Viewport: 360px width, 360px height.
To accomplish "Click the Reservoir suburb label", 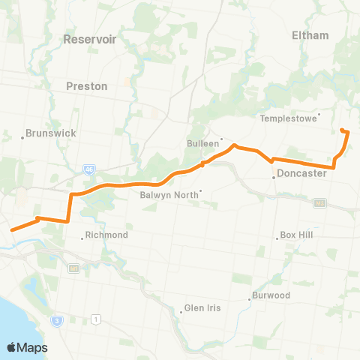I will coord(90,39).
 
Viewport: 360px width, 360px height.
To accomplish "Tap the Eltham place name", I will coord(310,35).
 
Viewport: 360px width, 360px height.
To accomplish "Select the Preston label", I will coord(87,86).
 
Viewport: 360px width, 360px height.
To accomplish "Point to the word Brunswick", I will coord(51,133).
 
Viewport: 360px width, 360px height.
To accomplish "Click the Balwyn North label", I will coord(169,195).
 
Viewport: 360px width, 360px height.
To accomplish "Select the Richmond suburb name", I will coord(108,235).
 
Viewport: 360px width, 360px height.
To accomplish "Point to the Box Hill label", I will coord(300,235).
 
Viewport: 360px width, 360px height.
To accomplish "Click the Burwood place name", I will coord(271,295).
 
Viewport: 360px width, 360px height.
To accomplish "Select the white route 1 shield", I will coord(96,320).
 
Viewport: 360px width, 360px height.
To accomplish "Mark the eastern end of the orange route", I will coord(342,130).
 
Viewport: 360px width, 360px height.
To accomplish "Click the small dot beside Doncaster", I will coord(274,178).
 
